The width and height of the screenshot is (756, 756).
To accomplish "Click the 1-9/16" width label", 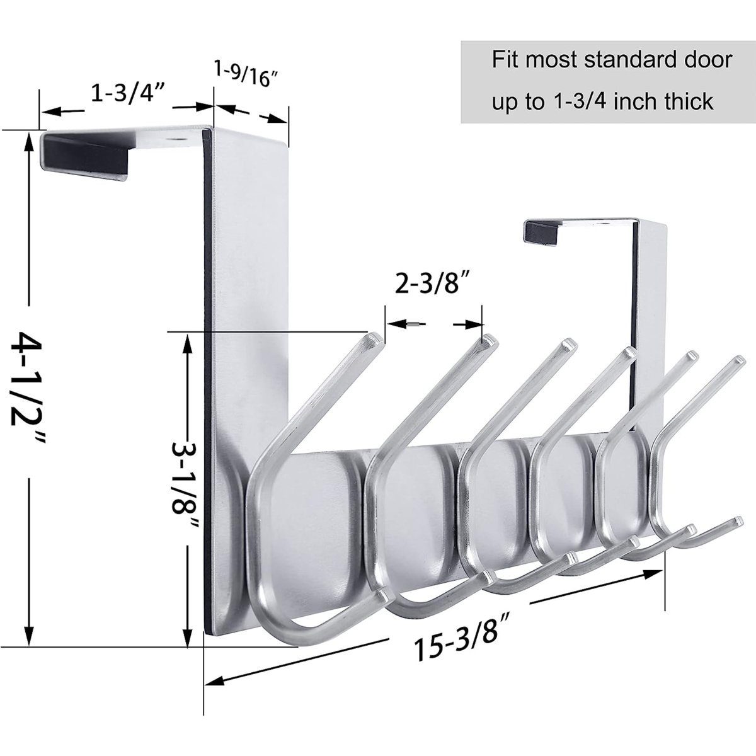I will tap(251, 83).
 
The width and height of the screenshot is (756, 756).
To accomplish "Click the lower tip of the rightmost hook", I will tap(736, 522).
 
